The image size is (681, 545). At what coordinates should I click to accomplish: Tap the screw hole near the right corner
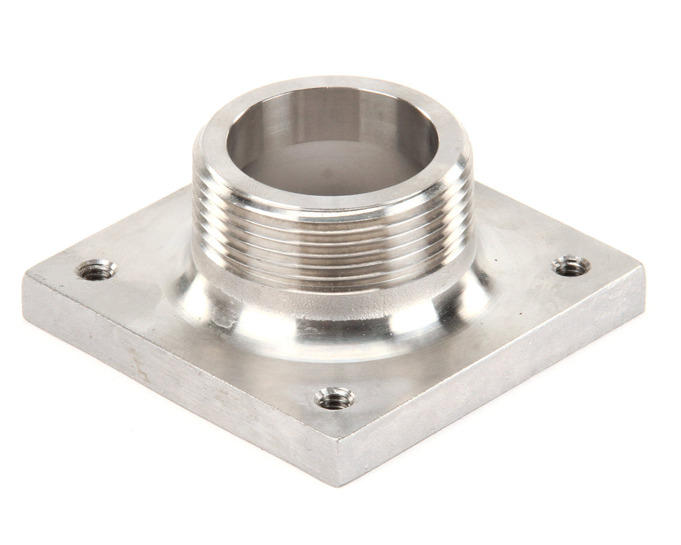click(571, 266)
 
